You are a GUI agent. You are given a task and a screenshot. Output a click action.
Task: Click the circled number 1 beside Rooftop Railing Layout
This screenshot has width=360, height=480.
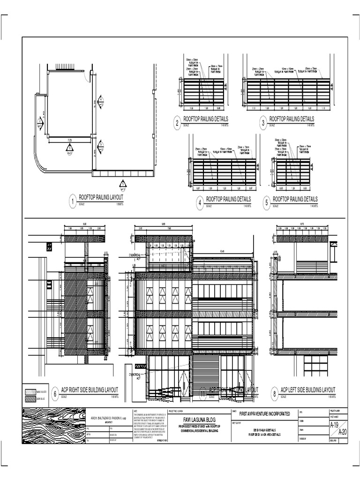coord(73,202)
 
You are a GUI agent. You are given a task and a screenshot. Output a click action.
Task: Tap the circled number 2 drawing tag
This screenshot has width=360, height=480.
coord(177,124)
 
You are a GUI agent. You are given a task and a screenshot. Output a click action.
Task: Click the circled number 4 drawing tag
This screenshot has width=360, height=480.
coord(200,202)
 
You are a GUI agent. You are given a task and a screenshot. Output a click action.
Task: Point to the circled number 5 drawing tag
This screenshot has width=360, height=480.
coord(267,202)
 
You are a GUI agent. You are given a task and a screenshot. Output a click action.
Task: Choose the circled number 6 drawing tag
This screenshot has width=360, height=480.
coord(55,394)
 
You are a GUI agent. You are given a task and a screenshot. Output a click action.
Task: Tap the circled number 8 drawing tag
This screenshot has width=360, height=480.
coord(274,394)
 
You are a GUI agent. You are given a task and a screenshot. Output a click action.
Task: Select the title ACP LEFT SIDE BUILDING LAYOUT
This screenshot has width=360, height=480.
coord(308,390)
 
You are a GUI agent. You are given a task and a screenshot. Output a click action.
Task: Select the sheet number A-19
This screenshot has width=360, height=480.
coord(334,426)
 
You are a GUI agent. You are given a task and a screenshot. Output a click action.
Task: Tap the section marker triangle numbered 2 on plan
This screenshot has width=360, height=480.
coord(40,123)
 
